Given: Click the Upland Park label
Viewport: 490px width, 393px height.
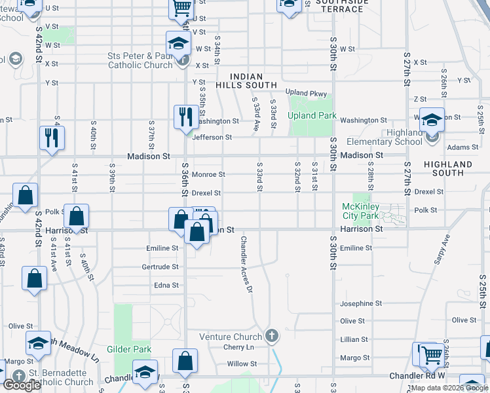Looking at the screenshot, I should pyautogui.click(x=312, y=116).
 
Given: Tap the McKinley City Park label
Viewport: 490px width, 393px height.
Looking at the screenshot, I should pyautogui.click(x=360, y=211).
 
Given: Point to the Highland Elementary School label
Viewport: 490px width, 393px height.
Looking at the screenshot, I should pyautogui.click(x=386, y=137).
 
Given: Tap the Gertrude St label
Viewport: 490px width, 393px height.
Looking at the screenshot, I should pyautogui.click(x=160, y=267).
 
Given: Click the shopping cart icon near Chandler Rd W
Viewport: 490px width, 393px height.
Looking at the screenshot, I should pyautogui.click(x=432, y=355).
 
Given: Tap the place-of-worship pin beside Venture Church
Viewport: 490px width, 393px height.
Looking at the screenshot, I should pyautogui.click(x=273, y=336).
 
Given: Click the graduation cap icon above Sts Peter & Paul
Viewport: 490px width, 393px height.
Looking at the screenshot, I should pyautogui.click(x=178, y=43).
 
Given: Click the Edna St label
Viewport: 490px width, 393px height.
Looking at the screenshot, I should pyautogui.click(x=166, y=285).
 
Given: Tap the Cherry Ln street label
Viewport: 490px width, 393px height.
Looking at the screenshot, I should pyautogui.click(x=238, y=347).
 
